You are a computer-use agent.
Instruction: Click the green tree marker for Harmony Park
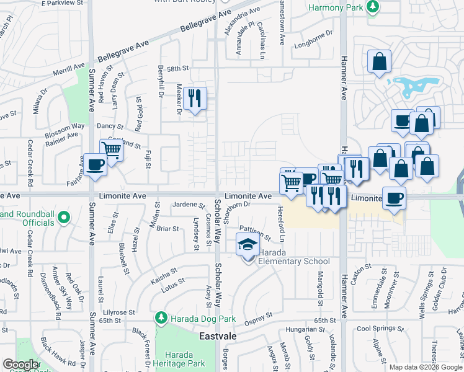[372, 7]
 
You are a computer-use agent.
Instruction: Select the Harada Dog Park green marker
[161, 319]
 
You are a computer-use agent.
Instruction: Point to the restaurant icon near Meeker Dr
[195, 98]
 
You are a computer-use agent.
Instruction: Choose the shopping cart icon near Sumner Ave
[111, 149]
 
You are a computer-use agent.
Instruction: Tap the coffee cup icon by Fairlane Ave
[95, 165]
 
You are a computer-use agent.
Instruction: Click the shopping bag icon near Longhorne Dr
[378, 61]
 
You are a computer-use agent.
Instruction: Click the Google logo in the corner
[21, 365]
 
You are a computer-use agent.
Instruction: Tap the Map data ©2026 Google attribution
[425, 366]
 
